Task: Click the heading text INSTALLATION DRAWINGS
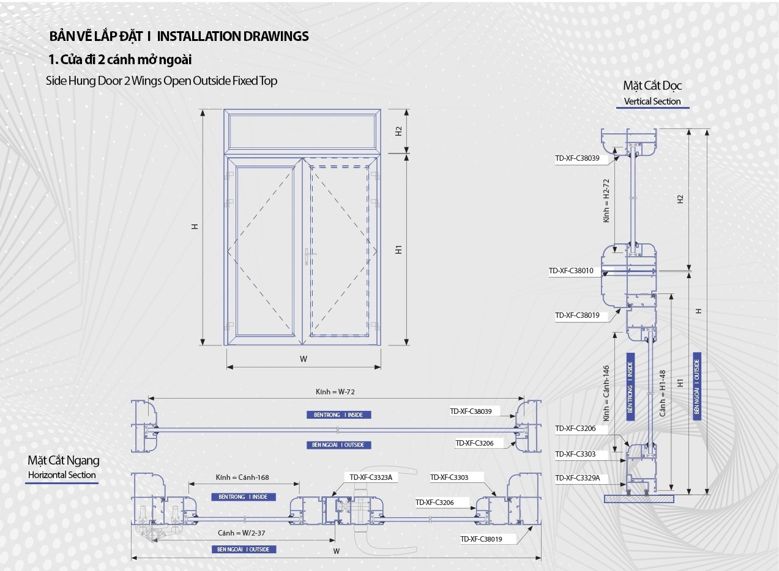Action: click(x=233, y=36)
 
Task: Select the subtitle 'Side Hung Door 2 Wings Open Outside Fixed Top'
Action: click(x=162, y=81)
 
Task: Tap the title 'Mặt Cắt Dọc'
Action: click(x=652, y=86)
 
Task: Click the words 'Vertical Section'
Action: click(x=652, y=101)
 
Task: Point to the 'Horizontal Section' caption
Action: click(x=62, y=475)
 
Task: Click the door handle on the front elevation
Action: click(x=308, y=255)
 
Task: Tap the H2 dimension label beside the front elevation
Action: click(x=398, y=131)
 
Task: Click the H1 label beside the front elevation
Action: click(x=398, y=249)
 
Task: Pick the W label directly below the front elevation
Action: click(x=304, y=359)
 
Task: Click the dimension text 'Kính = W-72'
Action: click(x=335, y=392)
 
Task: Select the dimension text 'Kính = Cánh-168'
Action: click(x=242, y=477)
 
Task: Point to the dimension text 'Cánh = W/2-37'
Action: click(x=242, y=533)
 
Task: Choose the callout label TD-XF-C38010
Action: click(x=571, y=271)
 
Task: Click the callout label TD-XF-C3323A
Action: click(x=370, y=477)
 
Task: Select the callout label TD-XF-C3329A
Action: click(x=577, y=478)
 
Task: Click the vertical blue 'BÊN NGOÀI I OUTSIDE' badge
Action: click(x=697, y=386)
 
